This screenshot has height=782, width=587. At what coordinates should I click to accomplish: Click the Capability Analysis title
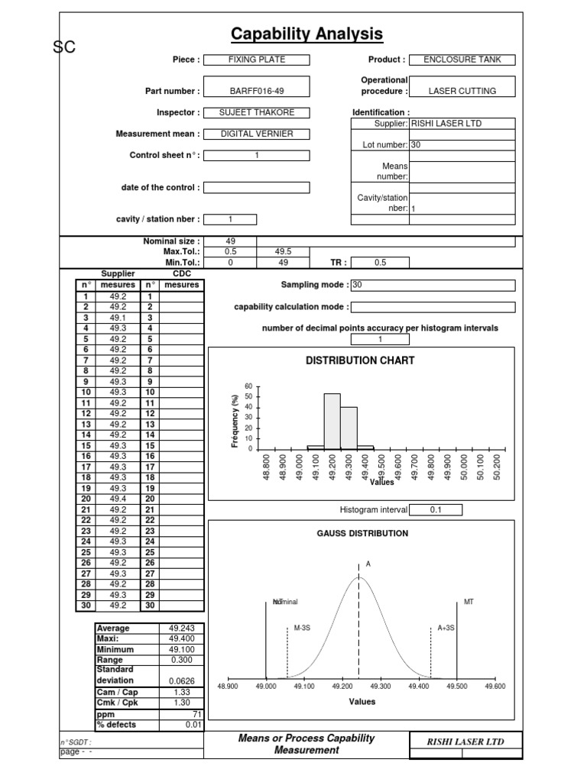coord(306,34)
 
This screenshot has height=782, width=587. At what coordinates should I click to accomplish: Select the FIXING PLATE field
coord(258,60)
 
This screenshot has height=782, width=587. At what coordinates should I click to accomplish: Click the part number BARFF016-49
coord(258,91)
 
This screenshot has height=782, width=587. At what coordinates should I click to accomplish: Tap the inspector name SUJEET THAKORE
coord(258,112)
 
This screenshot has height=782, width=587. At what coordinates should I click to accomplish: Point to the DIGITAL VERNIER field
coord(258,134)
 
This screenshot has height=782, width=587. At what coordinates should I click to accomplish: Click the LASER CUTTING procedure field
coord(462,91)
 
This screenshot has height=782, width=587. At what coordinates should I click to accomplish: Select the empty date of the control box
coord(258,187)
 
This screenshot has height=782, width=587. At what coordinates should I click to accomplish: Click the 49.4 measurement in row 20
coord(118,499)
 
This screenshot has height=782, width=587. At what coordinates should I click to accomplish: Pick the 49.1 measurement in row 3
coord(118,318)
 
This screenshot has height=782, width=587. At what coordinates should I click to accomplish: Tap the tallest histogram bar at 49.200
coord(332,421)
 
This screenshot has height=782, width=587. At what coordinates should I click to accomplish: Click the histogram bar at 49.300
coord(349,428)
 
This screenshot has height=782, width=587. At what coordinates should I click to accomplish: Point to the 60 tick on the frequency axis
coord(247,386)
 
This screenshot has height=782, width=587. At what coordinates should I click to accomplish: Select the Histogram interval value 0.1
coord(435,509)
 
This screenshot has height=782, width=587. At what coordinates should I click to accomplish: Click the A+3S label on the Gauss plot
coord(446,627)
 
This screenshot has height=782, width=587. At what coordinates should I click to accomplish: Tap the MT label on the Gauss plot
coord(469,602)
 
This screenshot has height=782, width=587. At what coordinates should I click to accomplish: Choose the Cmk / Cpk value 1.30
coord(181,702)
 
